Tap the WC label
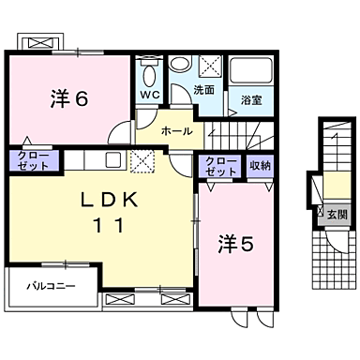[x=149, y=96]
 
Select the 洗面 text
[x=203, y=90]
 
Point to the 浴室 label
[x=250, y=98]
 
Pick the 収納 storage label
[x=260, y=165]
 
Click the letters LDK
[x=110, y=199]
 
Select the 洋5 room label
[x=235, y=245]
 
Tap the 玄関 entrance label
[x=335, y=214]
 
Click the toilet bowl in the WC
[x=148, y=73]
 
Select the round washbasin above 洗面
[x=181, y=65]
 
